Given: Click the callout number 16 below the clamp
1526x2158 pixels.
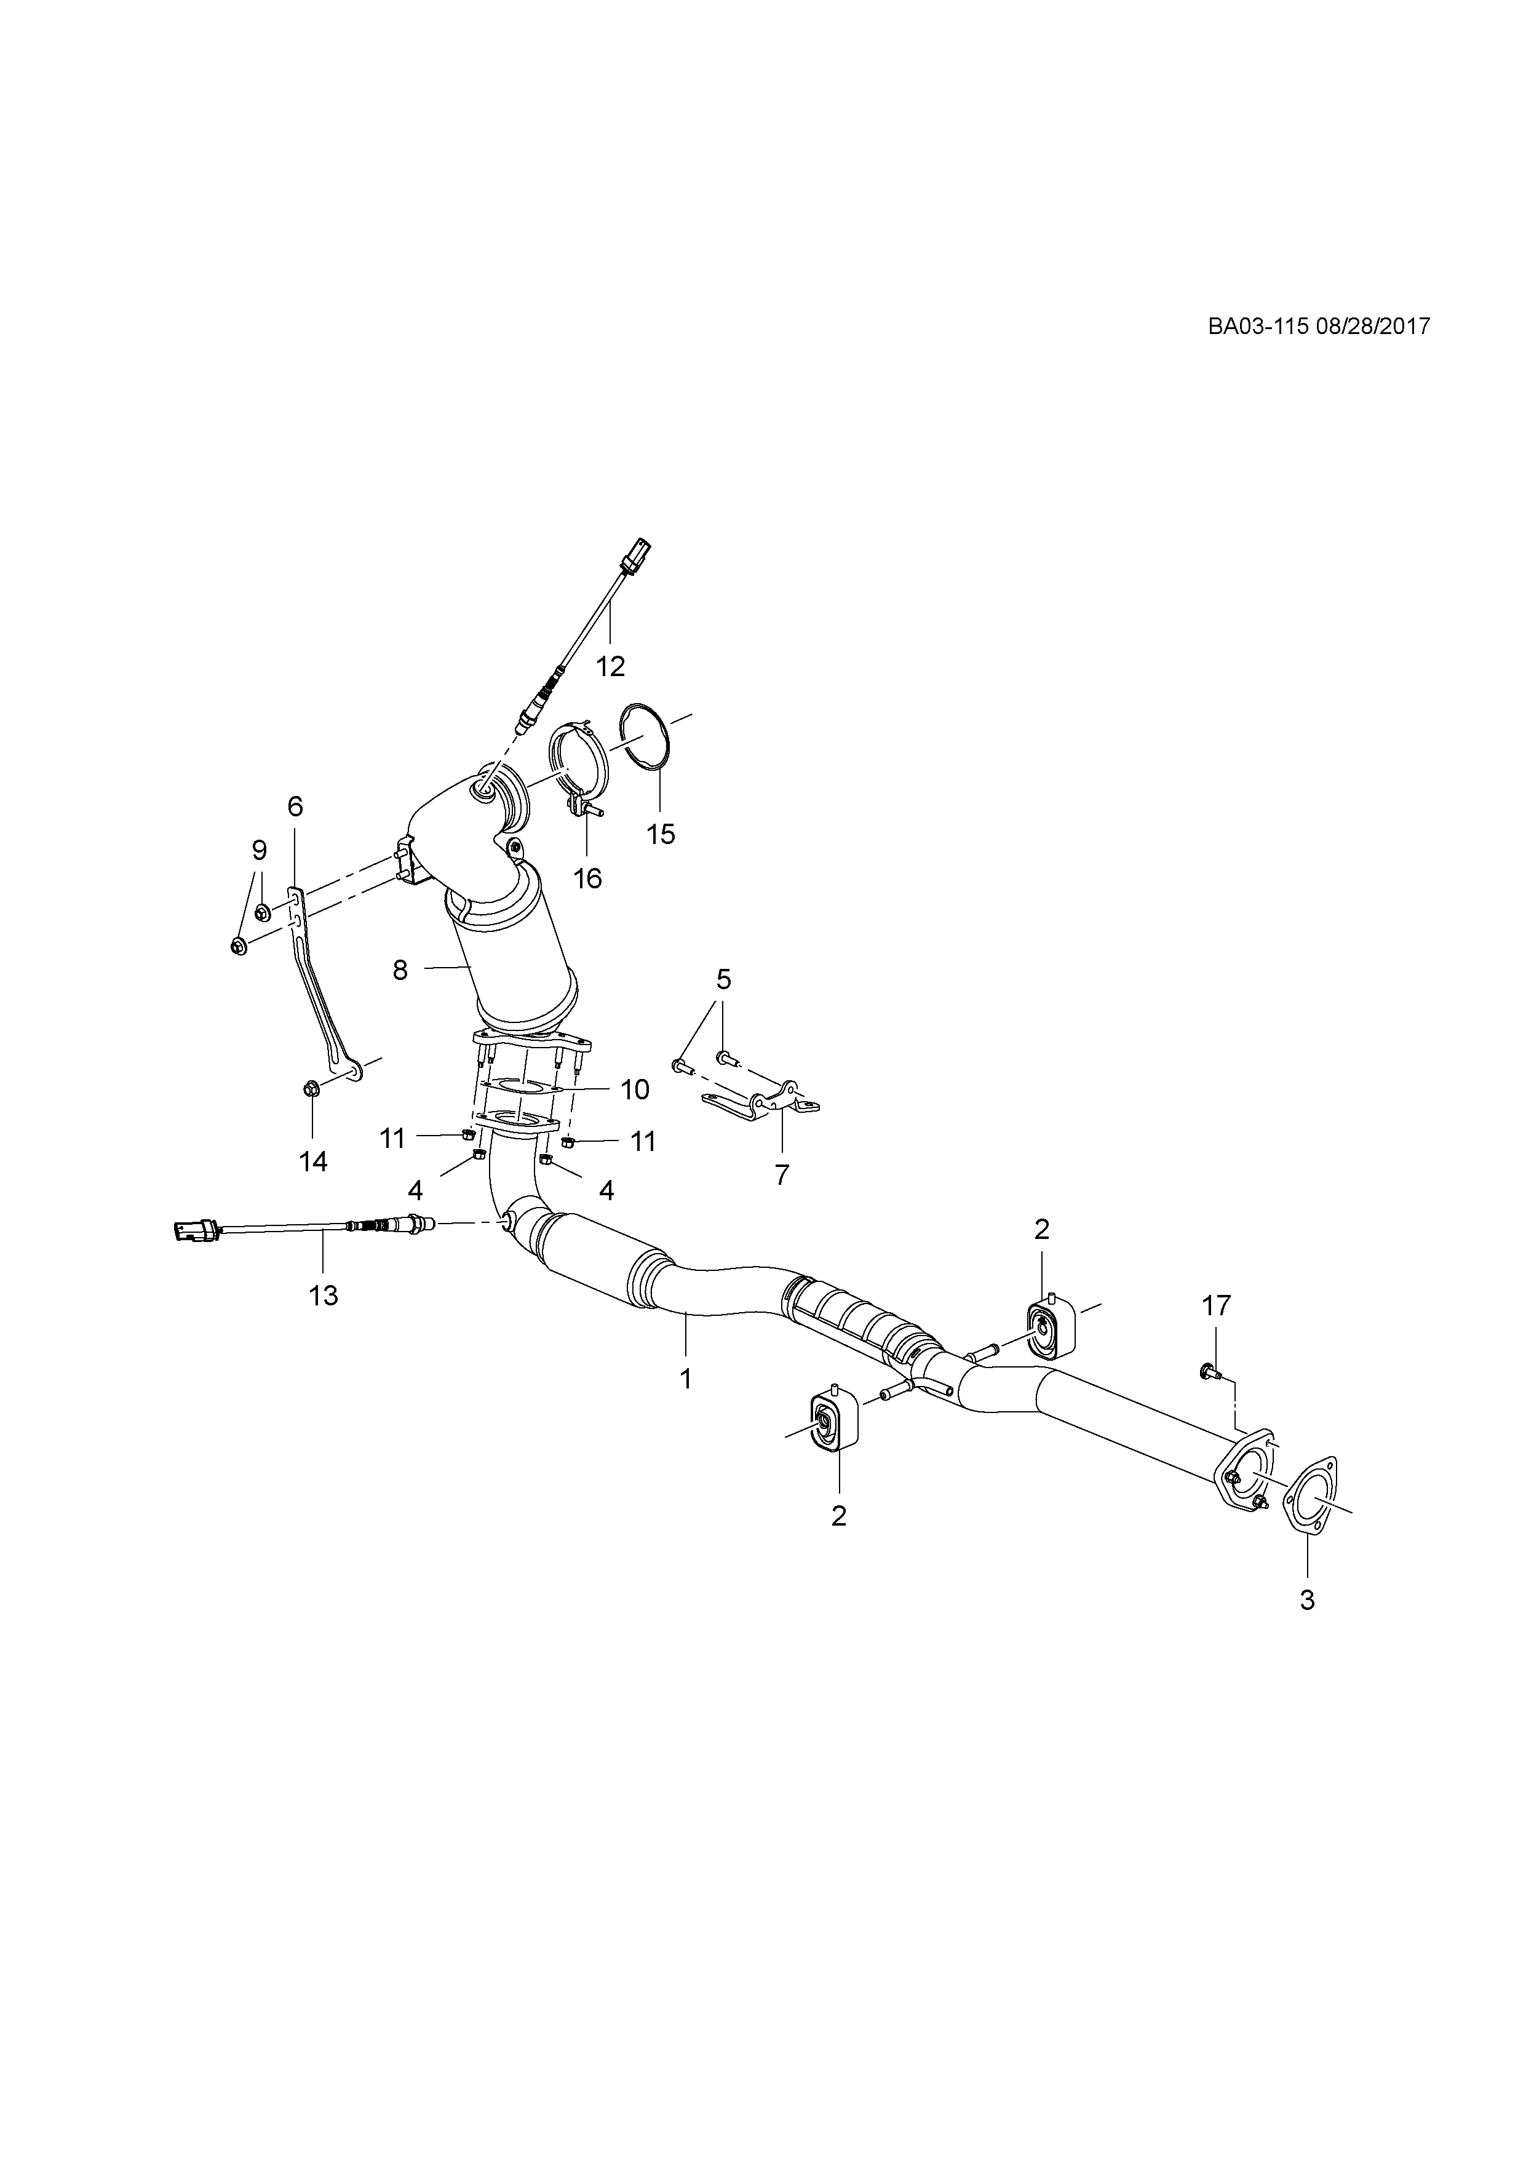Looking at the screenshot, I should pyautogui.click(x=587, y=879).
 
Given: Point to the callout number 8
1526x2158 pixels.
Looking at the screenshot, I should pyautogui.click(x=400, y=970).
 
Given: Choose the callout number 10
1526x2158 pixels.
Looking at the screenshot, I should pyautogui.click(x=635, y=1089).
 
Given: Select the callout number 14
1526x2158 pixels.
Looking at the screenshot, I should pyautogui.click(x=313, y=1161).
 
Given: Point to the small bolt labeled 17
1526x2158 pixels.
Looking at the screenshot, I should pyautogui.click(x=1209, y=1373).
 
